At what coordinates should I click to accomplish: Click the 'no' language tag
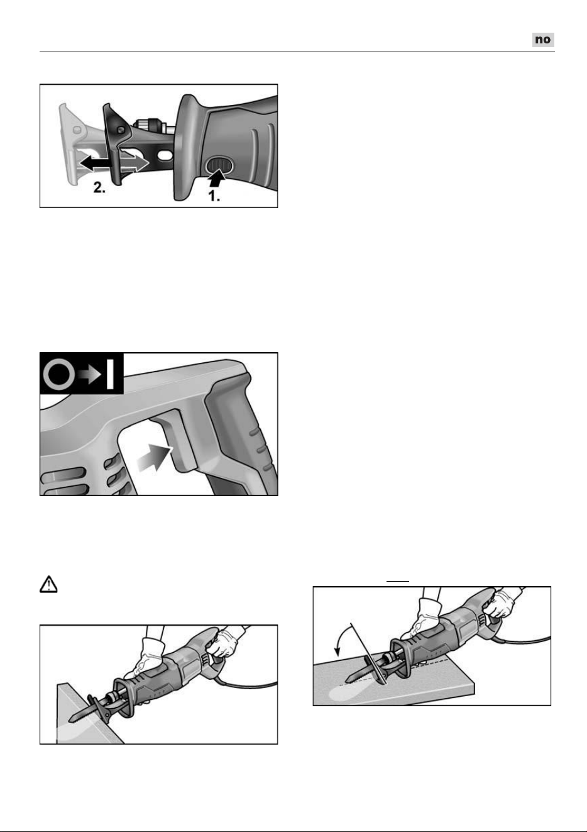(x=543, y=40)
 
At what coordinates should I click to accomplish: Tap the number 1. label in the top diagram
(x=214, y=196)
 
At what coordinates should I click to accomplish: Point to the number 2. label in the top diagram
(x=99, y=187)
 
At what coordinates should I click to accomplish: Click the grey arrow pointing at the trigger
(x=154, y=458)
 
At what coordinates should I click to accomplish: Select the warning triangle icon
(x=48, y=584)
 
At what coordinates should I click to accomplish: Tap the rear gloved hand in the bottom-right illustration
(x=500, y=603)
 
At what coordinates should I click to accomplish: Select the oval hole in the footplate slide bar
(x=166, y=154)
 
